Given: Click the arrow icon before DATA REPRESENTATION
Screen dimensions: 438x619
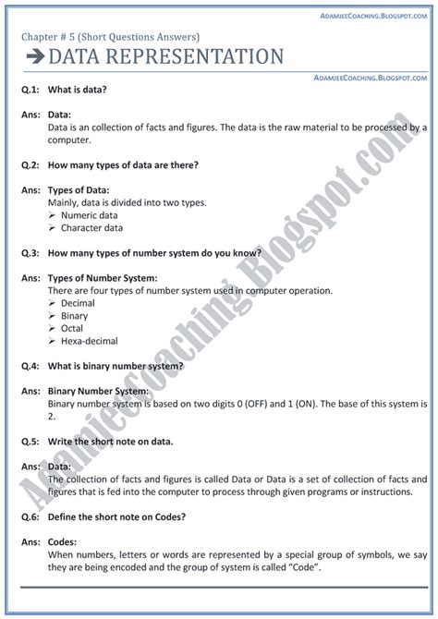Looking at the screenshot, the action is click(33, 58).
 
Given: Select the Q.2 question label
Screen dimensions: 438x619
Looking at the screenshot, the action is click(30, 165).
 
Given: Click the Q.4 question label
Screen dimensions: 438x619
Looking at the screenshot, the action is click(30, 366).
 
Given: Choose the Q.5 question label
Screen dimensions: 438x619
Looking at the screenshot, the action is click(30, 442).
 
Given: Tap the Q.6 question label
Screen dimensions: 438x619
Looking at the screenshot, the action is click(30, 517).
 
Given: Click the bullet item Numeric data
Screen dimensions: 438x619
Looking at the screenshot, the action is click(89, 215).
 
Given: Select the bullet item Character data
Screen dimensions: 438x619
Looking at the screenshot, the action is click(91, 227).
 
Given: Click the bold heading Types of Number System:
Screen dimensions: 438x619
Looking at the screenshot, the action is click(102, 278).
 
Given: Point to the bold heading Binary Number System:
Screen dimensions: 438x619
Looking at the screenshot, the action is click(100, 392).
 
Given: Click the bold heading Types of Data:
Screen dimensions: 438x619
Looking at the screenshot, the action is click(79, 190).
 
